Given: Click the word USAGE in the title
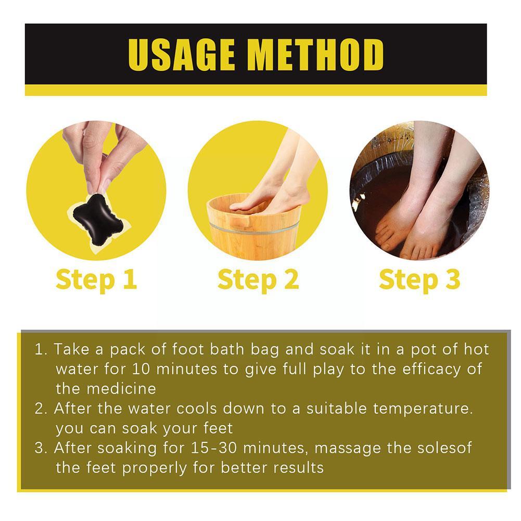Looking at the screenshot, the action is (x=181, y=54).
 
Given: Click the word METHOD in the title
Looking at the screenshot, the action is (x=317, y=54).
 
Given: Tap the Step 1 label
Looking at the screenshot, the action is (x=96, y=280).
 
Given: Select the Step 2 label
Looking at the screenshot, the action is (x=258, y=280).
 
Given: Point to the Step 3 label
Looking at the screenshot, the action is (x=420, y=280).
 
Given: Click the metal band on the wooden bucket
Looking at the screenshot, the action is (x=254, y=229).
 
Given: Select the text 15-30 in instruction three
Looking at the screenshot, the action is (x=213, y=448).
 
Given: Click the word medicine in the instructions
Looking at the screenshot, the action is (x=121, y=389).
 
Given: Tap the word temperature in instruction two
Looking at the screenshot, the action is (x=423, y=409).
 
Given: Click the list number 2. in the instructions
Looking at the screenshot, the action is (x=41, y=409).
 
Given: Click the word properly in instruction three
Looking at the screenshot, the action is (x=155, y=468).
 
